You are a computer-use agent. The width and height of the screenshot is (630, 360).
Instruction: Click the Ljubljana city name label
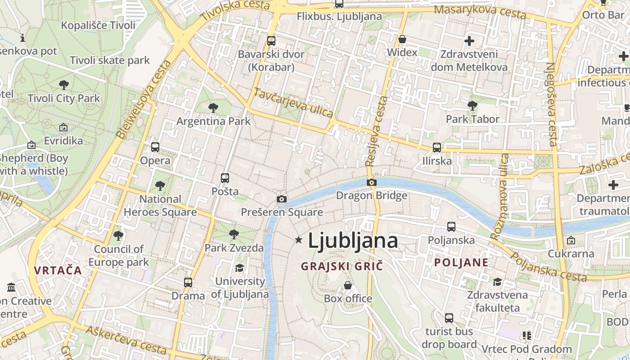(x=353, y=241)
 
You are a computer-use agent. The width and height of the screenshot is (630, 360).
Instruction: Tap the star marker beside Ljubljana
(x=298, y=240)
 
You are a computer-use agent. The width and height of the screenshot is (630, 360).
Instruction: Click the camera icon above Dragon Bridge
(x=372, y=182)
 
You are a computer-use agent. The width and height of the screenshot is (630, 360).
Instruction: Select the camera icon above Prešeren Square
(x=282, y=199)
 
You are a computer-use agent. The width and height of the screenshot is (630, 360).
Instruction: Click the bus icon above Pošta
(x=225, y=178)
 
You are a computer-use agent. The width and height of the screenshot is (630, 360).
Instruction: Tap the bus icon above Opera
(x=155, y=147)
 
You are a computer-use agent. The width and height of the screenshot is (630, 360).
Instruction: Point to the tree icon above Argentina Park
(x=213, y=108)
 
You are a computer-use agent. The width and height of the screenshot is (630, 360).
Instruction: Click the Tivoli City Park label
(x=64, y=98)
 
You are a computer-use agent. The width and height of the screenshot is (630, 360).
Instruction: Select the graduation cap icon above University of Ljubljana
(x=239, y=268)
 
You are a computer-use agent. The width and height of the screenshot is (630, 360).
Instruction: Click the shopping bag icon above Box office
(x=348, y=285)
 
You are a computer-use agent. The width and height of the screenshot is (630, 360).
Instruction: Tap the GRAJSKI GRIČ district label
(x=342, y=266)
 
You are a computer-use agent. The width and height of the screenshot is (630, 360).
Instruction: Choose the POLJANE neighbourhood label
(x=461, y=263)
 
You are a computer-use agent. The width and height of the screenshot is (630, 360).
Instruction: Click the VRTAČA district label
(x=58, y=270)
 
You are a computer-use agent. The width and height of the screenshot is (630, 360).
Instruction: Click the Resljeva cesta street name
(x=377, y=131)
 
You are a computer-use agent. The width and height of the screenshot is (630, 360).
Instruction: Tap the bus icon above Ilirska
(x=437, y=147)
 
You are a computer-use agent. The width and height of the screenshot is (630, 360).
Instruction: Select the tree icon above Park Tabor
(x=472, y=106)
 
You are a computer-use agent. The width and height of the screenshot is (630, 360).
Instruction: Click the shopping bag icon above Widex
(x=402, y=39)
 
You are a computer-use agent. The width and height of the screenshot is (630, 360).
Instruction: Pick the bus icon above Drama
(x=188, y=283)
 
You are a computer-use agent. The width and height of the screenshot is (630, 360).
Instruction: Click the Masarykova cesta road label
(x=480, y=12)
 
